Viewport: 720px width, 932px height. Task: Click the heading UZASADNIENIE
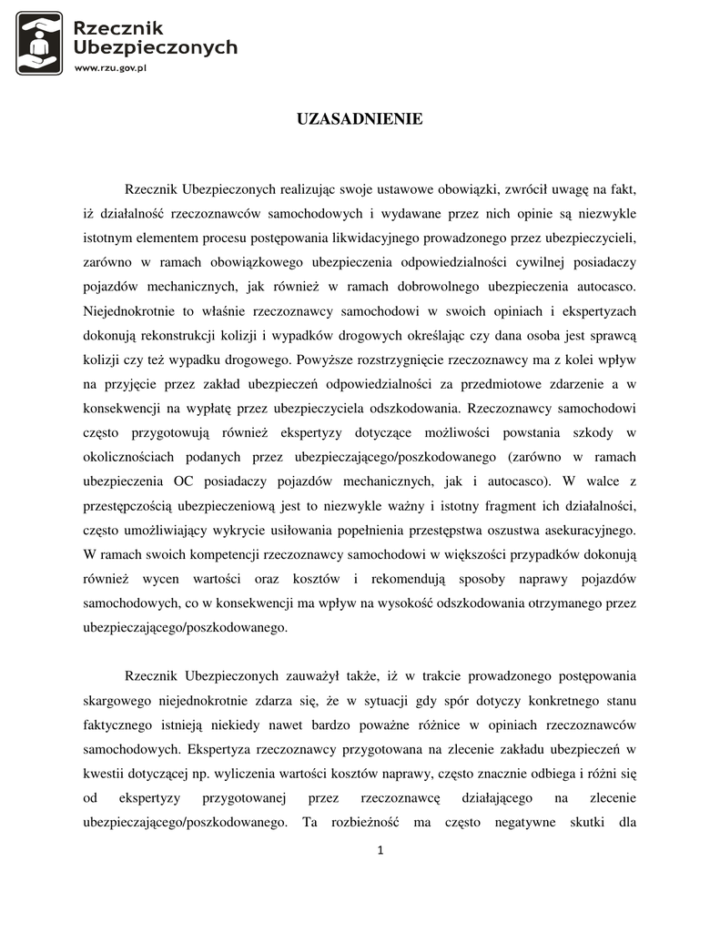point(360,119)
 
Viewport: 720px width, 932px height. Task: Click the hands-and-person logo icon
point(39,43)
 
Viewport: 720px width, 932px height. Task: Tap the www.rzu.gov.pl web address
point(110,67)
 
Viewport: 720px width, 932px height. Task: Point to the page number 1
point(380,850)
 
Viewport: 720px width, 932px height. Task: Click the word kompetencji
point(218,553)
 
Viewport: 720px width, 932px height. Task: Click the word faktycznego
point(122,724)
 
